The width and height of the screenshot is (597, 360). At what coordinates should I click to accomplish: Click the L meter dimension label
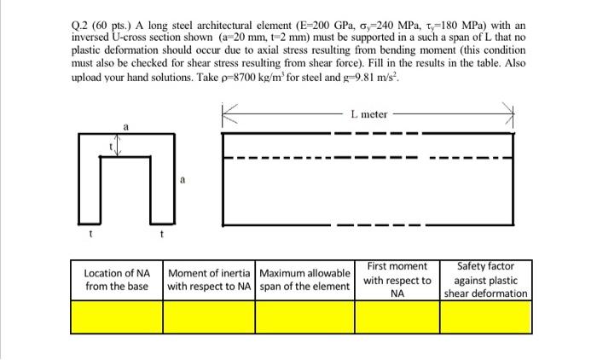coord(368,113)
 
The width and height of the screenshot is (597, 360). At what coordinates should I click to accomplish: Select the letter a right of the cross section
coord(181,180)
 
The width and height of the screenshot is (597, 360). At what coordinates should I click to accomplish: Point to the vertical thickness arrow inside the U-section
coord(119,148)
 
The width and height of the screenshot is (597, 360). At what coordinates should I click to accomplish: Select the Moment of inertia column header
coord(209,280)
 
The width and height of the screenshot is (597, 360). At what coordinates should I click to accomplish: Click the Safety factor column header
coord(486,280)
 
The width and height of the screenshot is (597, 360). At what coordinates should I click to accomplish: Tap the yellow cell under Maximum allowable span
coord(304,317)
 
